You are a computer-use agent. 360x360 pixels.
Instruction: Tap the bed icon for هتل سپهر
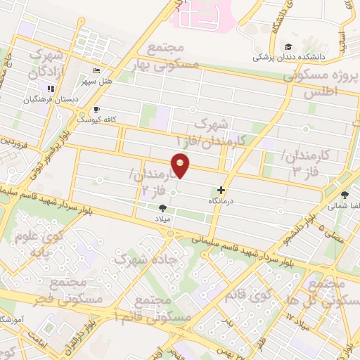click(97, 72)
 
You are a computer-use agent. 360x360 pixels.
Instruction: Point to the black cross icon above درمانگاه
click(221, 190)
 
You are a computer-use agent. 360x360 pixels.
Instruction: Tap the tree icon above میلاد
click(164, 207)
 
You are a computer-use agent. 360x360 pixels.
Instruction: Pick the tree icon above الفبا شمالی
click(345, 195)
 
